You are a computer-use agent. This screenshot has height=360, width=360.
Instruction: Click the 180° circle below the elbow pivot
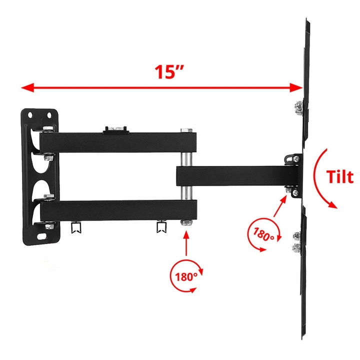[x=186, y=275]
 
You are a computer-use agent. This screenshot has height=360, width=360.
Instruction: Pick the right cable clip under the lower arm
[x=162, y=227]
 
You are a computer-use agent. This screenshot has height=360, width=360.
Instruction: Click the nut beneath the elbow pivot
[x=185, y=223]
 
